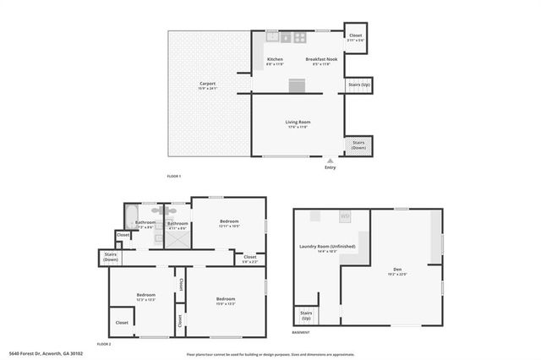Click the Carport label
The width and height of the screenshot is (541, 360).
click(x=207, y=85)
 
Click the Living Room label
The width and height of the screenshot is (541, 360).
click(x=298, y=124)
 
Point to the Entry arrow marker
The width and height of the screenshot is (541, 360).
click(x=330, y=158)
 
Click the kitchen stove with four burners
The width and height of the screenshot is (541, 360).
click(x=298, y=37)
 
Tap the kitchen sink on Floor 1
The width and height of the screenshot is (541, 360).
click(x=273, y=36)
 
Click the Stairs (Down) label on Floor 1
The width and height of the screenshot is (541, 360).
click(x=358, y=145)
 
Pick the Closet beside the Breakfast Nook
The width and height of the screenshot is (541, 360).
click(x=356, y=37)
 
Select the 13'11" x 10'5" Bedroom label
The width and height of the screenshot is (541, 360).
click(x=229, y=225)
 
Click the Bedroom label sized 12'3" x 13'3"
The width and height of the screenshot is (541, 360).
click(x=145, y=296)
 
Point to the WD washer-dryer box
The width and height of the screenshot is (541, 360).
click(x=345, y=217)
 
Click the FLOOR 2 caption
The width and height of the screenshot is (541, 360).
click(x=104, y=345)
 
